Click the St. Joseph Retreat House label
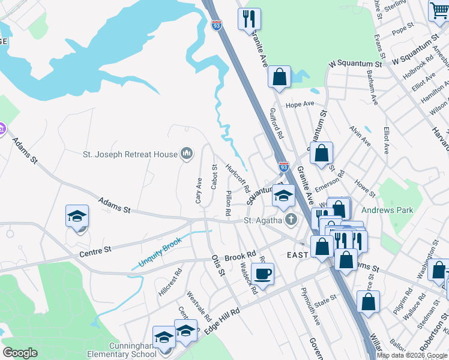point(130,154)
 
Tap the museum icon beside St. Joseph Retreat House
point(187,154)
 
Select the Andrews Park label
point(388,211)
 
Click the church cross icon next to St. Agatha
point(291,220)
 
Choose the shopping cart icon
point(439,11)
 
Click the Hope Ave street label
point(300,104)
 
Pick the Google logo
point(20,353)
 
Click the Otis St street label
point(217,265)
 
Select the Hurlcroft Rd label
point(238,178)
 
